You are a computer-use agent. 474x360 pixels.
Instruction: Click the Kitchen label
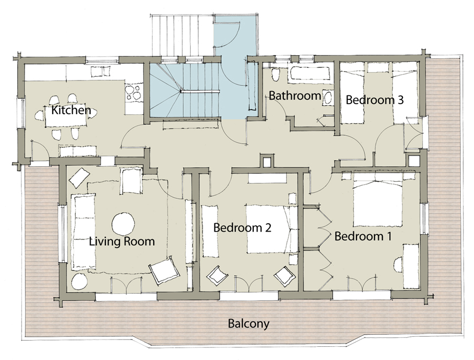click(x=71, y=110)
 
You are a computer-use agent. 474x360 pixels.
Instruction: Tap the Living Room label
click(x=122, y=242)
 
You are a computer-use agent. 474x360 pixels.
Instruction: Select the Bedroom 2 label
click(x=242, y=227)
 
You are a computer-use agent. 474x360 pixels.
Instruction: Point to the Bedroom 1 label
click(x=363, y=236)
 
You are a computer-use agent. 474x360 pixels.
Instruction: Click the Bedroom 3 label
click(x=374, y=99)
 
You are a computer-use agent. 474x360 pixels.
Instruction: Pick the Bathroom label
click(x=295, y=96)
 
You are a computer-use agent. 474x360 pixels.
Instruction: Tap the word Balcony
click(x=249, y=324)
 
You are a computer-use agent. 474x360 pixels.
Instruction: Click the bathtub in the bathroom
click(x=308, y=74)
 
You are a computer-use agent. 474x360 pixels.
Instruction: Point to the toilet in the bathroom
click(x=275, y=75)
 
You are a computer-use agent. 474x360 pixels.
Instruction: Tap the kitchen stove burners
click(x=133, y=93)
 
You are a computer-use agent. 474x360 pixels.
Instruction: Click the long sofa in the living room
click(x=83, y=232)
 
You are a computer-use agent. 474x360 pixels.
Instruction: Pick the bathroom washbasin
click(x=328, y=97)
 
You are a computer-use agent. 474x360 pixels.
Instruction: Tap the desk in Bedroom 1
click(x=411, y=266)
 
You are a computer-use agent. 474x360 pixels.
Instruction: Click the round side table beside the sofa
click(x=80, y=282)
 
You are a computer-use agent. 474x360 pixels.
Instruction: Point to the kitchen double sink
click(x=101, y=72)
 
